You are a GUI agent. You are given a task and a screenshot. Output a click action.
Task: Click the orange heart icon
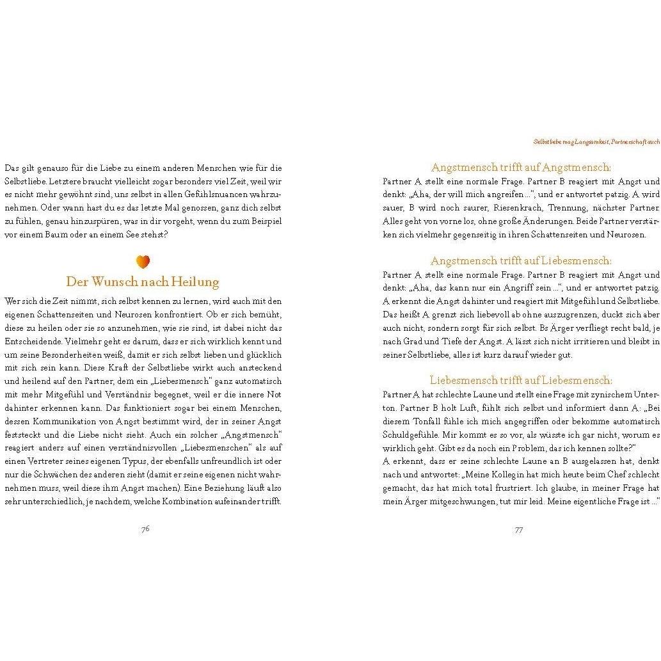coord(143,261)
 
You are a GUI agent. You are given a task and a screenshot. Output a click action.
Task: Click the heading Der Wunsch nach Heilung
coord(143,282)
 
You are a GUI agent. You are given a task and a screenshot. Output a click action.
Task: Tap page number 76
coord(145,529)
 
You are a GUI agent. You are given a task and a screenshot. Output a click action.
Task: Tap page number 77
coord(519,529)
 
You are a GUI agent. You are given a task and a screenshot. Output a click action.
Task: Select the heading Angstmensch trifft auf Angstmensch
coord(521,168)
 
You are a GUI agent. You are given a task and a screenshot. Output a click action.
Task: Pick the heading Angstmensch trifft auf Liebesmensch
coord(521,261)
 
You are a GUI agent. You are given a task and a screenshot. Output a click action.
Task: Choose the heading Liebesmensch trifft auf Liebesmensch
coord(521,380)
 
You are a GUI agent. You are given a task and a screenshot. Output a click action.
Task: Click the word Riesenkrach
coord(514,208)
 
